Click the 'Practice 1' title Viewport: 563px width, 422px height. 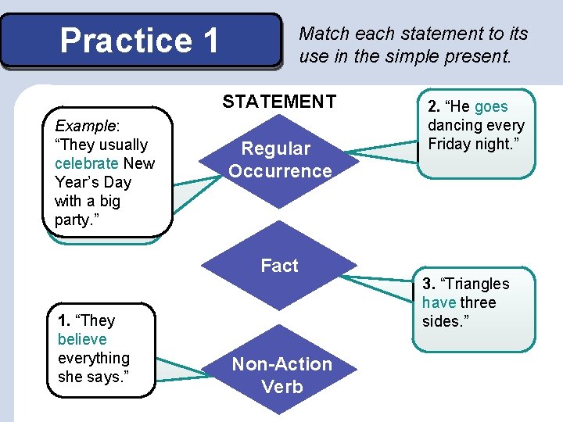pyautogui.click(x=140, y=41)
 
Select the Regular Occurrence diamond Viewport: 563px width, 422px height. pyautogui.click(x=280, y=159)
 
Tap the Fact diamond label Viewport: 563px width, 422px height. pyautogui.click(x=280, y=266)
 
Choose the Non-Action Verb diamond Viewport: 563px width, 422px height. pyautogui.click(x=281, y=375)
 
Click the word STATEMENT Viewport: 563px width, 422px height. pyautogui.click(x=279, y=102)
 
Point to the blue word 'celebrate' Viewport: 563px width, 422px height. pyautogui.click(x=86, y=163)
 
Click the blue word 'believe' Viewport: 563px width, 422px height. pyautogui.click(x=82, y=339)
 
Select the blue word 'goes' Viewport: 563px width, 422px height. pyautogui.click(x=491, y=107)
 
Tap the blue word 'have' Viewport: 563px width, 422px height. pyautogui.click(x=439, y=302)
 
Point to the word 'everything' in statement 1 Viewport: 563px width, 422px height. pyautogui.click(x=94, y=358)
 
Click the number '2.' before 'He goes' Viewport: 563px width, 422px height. pyautogui.click(x=434, y=107)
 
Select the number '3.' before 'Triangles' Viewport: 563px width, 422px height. pyautogui.click(x=429, y=284)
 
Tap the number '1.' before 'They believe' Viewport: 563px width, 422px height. pyautogui.click(x=64, y=320)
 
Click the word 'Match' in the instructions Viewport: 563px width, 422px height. pyautogui.click(x=325, y=34)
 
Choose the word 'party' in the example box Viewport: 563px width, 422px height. pyautogui.click(x=72, y=220)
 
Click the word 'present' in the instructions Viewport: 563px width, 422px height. pyautogui.click(x=476, y=56)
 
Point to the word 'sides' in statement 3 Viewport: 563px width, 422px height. pyautogui.click(x=440, y=321)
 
